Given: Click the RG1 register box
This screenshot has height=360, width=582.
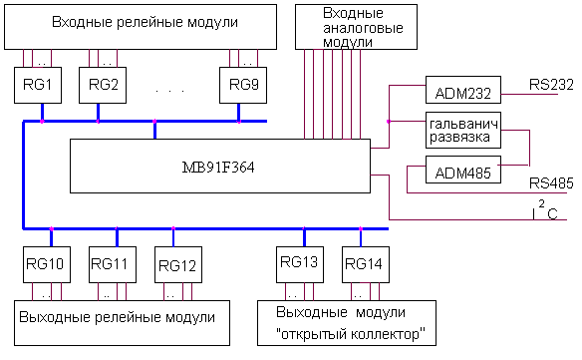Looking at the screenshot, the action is click(x=38, y=85).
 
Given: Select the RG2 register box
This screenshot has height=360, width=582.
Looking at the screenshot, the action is click(x=103, y=85).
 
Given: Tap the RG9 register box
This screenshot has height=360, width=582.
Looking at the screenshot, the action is click(x=243, y=85).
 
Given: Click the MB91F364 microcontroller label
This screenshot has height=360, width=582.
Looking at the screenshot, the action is click(x=218, y=168).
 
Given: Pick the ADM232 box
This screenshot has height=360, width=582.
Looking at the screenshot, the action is click(x=463, y=90).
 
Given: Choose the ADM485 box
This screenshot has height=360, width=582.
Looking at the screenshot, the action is click(x=463, y=170).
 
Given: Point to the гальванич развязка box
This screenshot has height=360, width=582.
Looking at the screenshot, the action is click(x=463, y=130).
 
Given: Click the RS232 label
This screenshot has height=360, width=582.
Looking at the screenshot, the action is click(x=551, y=85).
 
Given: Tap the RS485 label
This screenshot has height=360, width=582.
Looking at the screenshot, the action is click(x=551, y=183).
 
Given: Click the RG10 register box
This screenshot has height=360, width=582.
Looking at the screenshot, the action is click(x=47, y=264).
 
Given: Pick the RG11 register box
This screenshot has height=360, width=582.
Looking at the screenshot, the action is click(x=113, y=264).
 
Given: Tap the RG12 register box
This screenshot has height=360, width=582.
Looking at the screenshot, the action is click(x=178, y=264).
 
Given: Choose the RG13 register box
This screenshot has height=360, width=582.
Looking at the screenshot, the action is click(x=300, y=264).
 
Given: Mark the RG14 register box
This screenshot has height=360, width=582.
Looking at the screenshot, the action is click(x=366, y=264).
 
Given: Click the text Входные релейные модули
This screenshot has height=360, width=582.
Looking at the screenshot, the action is click(x=145, y=22).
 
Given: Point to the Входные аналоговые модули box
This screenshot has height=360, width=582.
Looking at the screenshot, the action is click(x=356, y=27).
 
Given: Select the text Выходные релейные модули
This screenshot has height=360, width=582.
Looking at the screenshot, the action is click(x=117, y=318).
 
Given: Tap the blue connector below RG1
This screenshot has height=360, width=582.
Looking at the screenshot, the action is click(x=42, y=113).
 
